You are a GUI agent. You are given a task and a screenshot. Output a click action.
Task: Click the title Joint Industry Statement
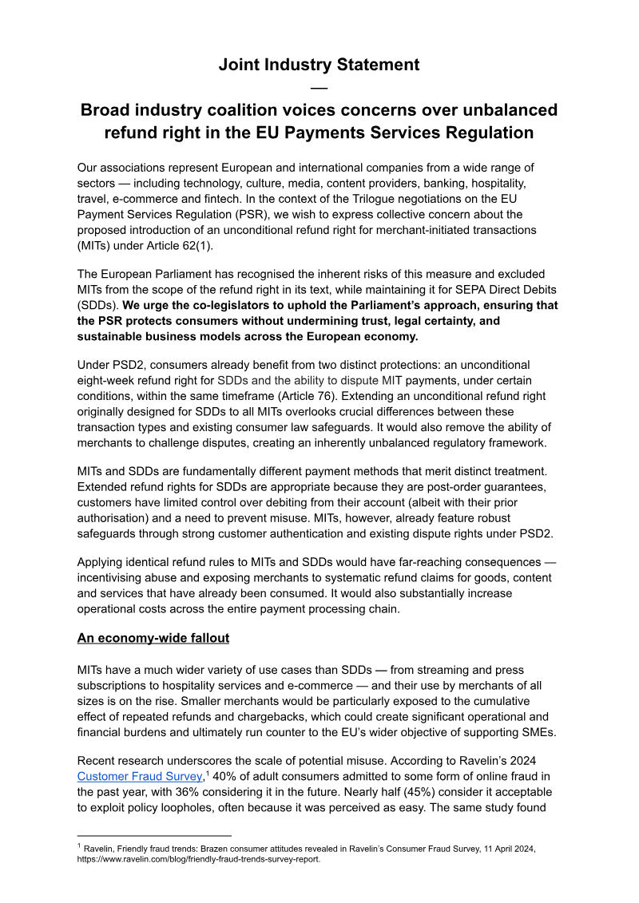tap(319, 65)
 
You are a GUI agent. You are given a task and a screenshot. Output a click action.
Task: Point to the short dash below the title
tap(319, 88)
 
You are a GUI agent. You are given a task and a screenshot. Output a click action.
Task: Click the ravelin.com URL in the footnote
tap(198, 860)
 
